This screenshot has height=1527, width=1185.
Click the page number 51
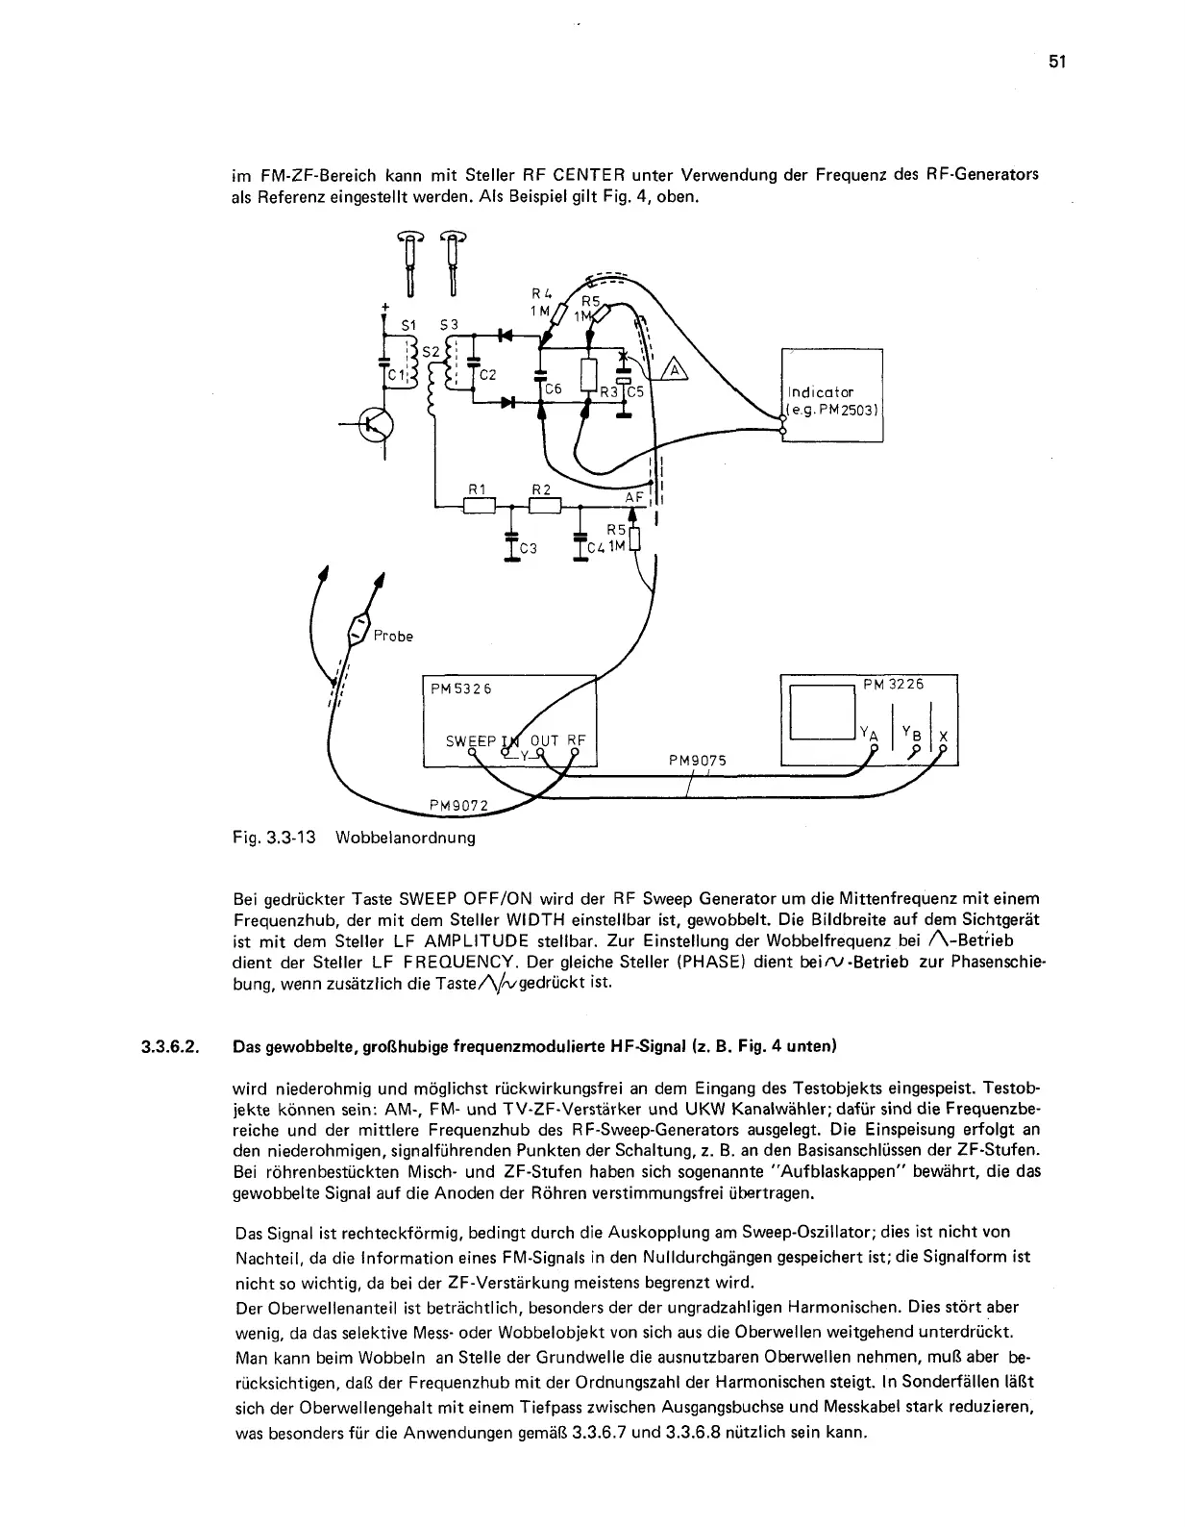tap(1057, 62)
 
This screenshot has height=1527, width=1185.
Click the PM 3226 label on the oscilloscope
tap(893, 684)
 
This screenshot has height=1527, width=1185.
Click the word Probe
tap(392, 636)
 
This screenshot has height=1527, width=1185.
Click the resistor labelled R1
tap(478, 506)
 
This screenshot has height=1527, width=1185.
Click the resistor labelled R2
tap(544, 506)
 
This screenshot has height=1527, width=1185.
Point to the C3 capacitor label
tap(528, 549)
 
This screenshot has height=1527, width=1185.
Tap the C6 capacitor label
tap(553, 389)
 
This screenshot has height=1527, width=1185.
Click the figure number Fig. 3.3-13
tap(275, 837)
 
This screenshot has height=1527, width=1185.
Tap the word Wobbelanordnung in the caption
tap(405, 837)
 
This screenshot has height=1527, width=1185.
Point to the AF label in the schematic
tap(633, 497)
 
